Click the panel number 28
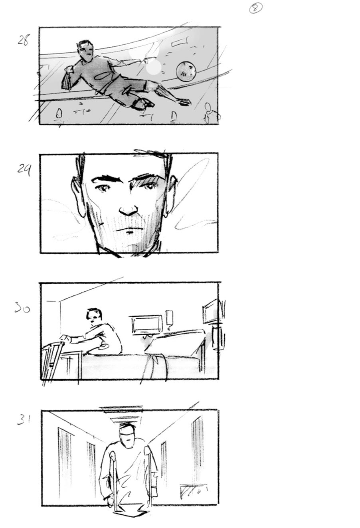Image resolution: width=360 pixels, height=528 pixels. [23, 40]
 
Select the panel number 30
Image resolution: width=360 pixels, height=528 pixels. [22, 308]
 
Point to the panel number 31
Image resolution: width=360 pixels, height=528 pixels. [24, 419]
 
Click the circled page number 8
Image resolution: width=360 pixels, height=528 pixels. [255, 8]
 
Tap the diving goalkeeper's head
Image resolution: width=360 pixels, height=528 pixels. [85, 49]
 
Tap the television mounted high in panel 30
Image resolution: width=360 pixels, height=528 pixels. [210, 311]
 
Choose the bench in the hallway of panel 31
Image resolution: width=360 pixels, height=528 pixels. [194, 490]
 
